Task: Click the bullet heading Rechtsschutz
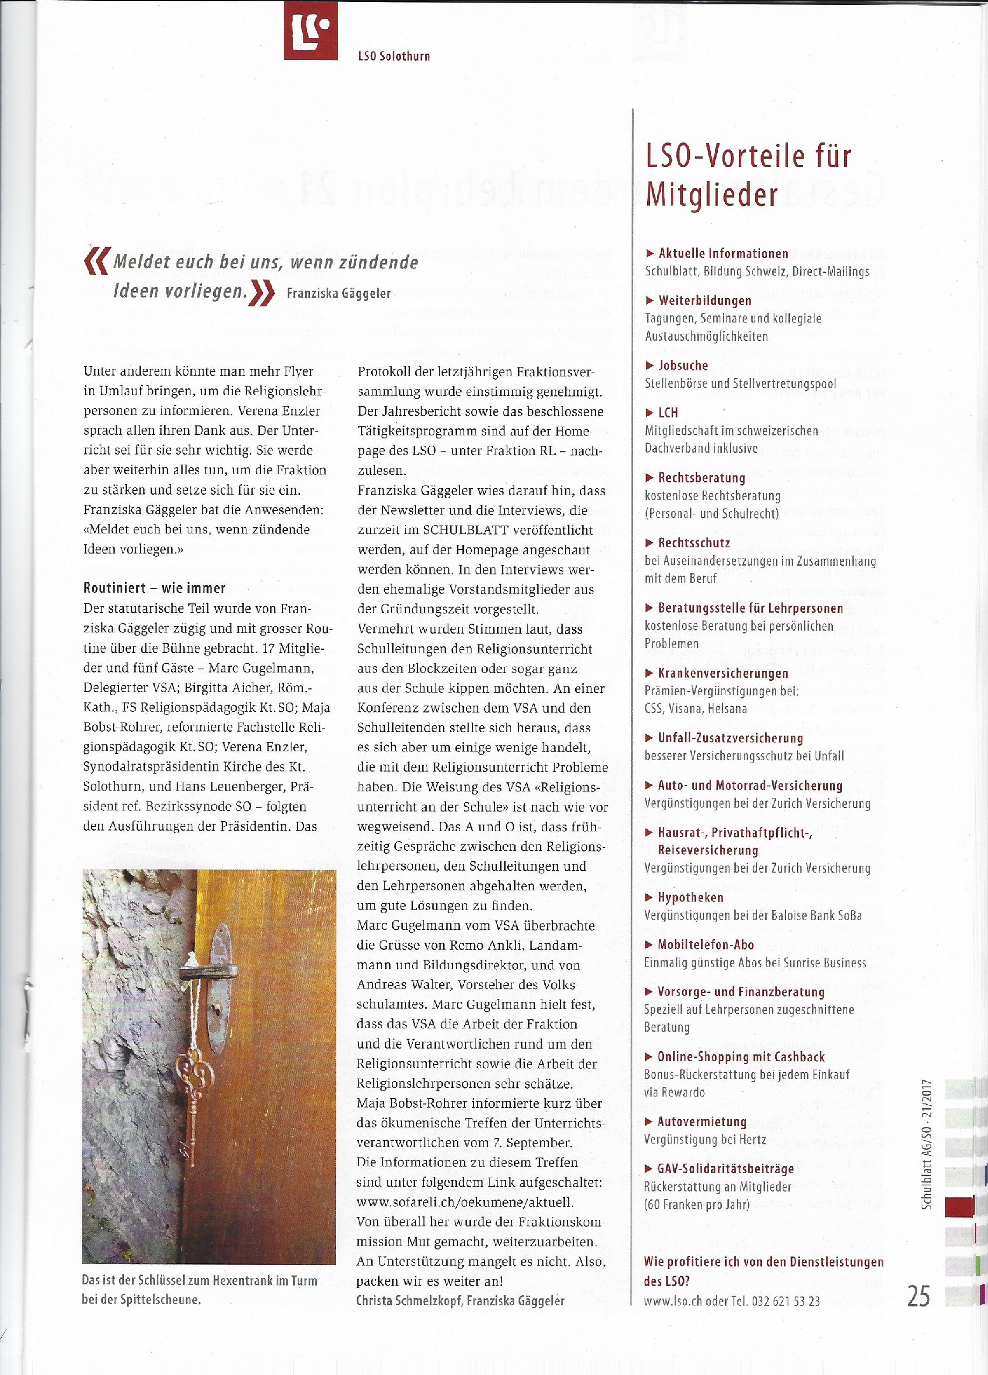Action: [x=694, y=543]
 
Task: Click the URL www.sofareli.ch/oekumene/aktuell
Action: [x=464, y=1202]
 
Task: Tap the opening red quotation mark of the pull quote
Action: [x=96, y=261]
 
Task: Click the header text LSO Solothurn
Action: [x=394, y=56]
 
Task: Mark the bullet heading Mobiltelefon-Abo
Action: [x=706, y=944]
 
